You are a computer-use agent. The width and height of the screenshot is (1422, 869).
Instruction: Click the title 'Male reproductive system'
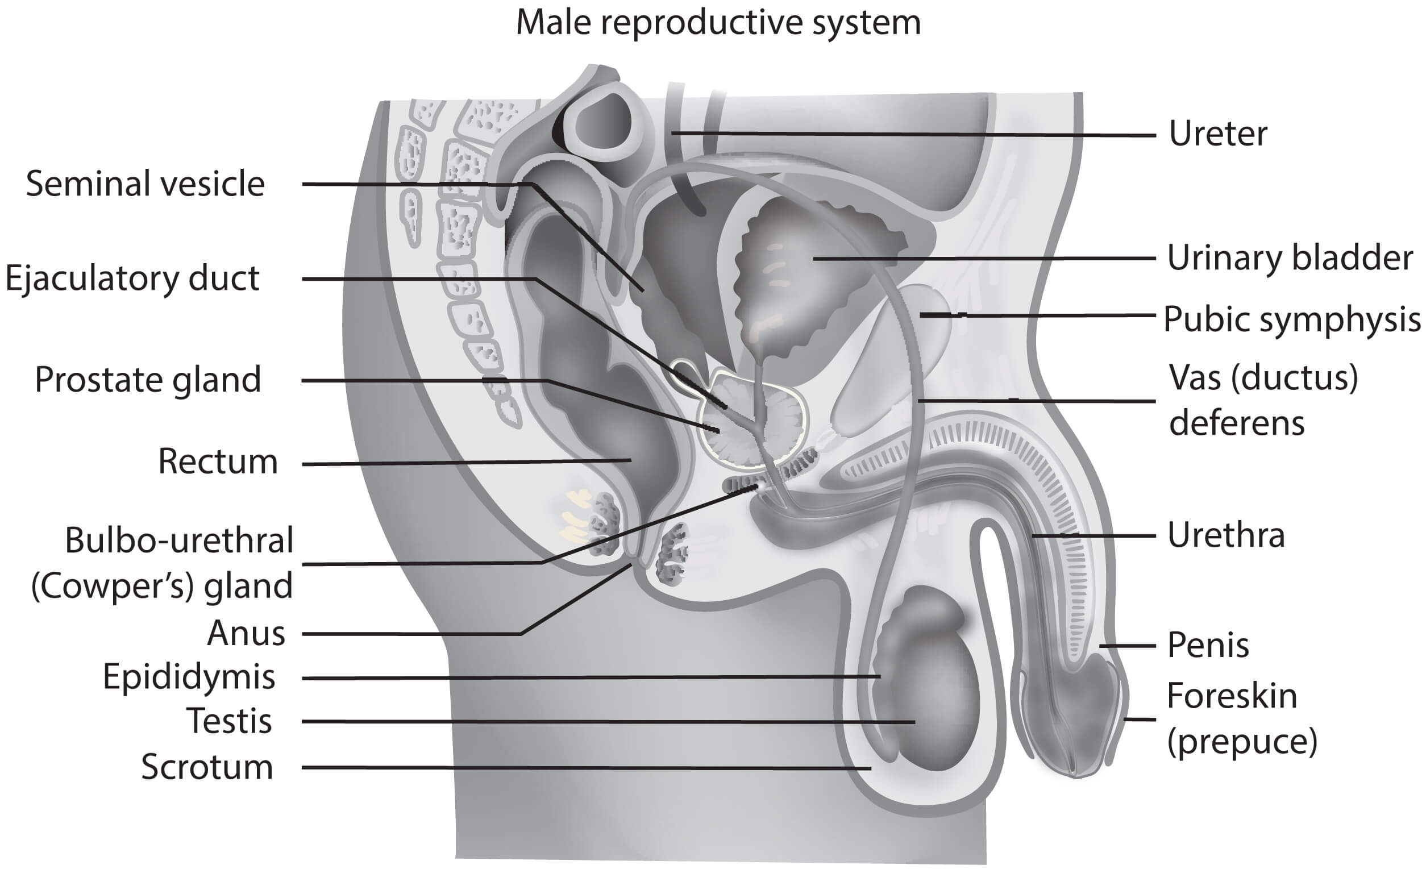718,23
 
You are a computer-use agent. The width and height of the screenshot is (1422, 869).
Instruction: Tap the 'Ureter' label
1218,134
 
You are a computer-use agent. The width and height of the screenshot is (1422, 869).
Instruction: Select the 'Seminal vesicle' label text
145,184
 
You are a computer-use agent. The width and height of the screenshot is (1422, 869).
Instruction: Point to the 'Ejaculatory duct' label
133,278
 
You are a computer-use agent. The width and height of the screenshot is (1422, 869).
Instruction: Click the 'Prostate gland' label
148,380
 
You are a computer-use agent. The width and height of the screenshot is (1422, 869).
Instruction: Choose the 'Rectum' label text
218,461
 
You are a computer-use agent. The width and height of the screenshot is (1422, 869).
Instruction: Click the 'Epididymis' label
189,677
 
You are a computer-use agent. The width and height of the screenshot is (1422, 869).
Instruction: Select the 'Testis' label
230,721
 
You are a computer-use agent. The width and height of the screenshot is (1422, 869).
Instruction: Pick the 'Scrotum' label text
207,767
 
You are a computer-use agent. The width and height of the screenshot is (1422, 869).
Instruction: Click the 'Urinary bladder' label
1290,258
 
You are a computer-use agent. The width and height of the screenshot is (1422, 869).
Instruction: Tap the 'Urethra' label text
1226,535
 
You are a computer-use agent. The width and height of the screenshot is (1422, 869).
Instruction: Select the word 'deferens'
1237,423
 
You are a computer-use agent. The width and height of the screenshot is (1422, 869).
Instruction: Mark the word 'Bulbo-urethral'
179,540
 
